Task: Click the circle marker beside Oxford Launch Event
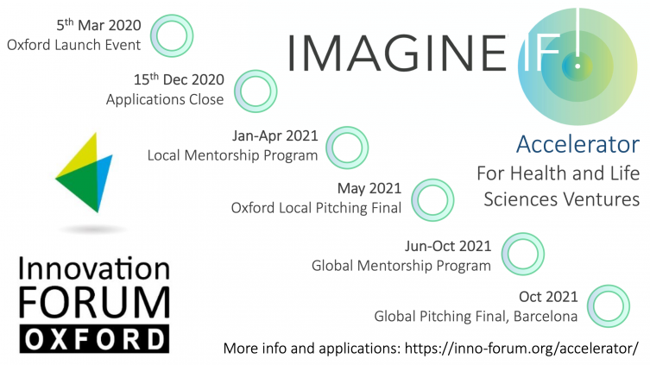pos(171,35)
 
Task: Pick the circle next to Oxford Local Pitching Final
pos(433,198)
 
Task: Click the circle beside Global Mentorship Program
pos(522,254)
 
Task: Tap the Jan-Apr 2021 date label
pos(275,135)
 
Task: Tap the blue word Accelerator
pos(577,144)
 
